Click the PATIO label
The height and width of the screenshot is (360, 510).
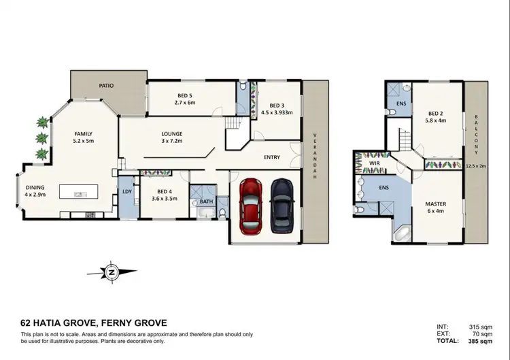(x=105, y=86)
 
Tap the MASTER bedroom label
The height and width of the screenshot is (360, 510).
(x=435, y=203)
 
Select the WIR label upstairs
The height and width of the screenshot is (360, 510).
(x=373, y=164)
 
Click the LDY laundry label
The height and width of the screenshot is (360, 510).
(x=126, y=192)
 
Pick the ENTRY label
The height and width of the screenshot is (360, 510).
(x=272, y=157)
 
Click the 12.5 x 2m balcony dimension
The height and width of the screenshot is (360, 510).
(x=476, y=165)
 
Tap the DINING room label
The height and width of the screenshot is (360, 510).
(x=35, y=188)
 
